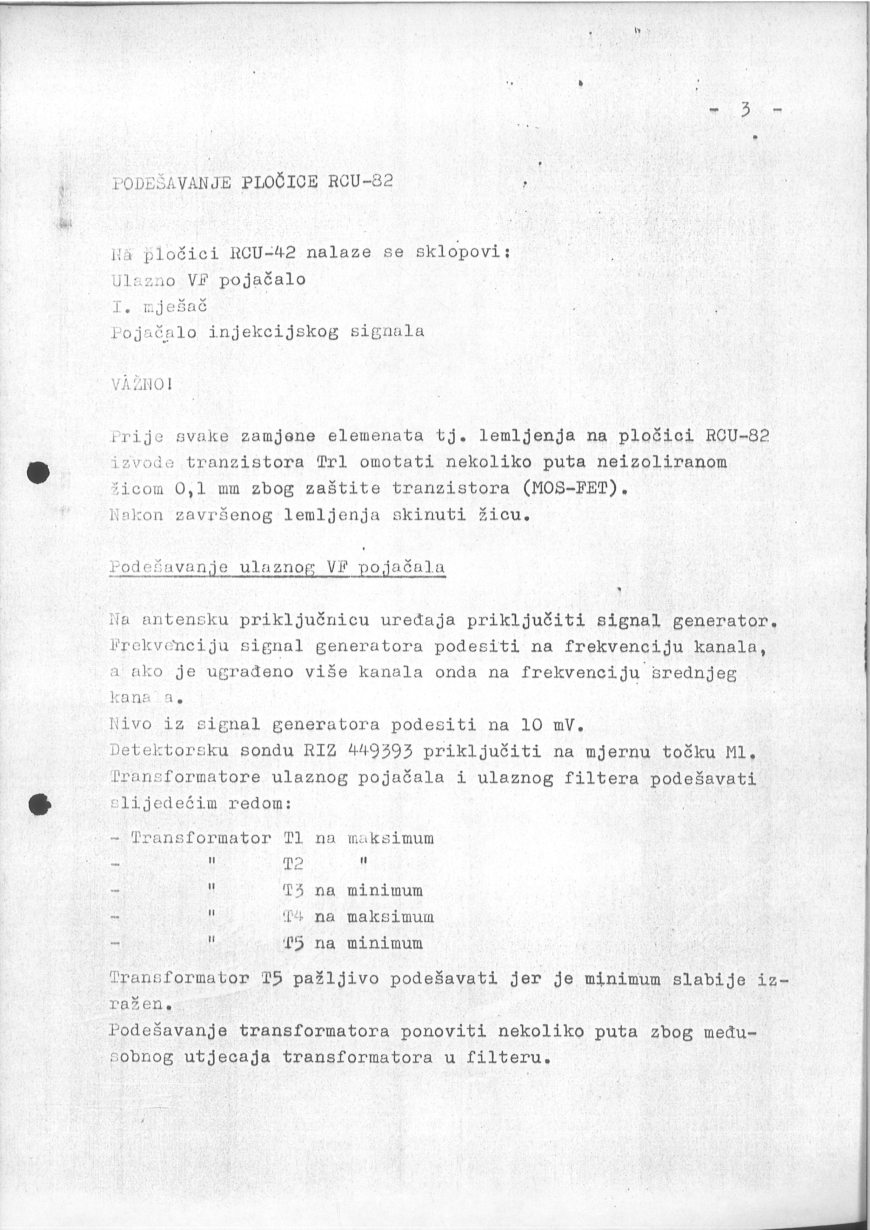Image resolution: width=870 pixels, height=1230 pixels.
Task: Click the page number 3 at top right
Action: point(744,112)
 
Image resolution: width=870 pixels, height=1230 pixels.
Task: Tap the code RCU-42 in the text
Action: point(262,252)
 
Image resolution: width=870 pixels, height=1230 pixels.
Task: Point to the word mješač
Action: point(175,307)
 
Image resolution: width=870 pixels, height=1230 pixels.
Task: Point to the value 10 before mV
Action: point(531,725)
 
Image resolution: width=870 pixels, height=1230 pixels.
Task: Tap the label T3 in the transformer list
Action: point(293,890)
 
